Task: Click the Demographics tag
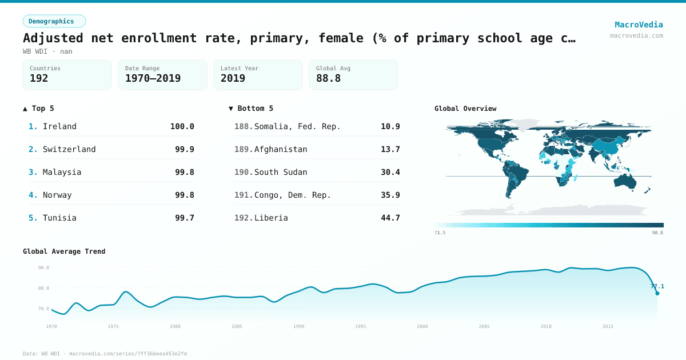point(54,21)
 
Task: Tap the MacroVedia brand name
point(639,25)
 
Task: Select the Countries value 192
point(39,78)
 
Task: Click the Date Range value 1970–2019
point(153,78)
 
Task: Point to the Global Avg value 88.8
point(328,78)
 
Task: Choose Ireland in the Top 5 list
point(59,126)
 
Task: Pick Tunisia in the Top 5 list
point(59,218)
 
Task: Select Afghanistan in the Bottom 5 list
point(281,149)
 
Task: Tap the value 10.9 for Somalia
point(390,126)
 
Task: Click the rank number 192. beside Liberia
point(243,218)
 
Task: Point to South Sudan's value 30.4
point(390,172)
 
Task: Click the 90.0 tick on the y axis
point(43,267)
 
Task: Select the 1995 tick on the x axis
point(360,326)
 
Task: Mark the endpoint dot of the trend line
point(657,293)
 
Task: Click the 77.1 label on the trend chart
point(657,286)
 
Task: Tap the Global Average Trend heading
point(64,251)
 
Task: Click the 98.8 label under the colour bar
point(657,233)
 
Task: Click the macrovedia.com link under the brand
point(636,35)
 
